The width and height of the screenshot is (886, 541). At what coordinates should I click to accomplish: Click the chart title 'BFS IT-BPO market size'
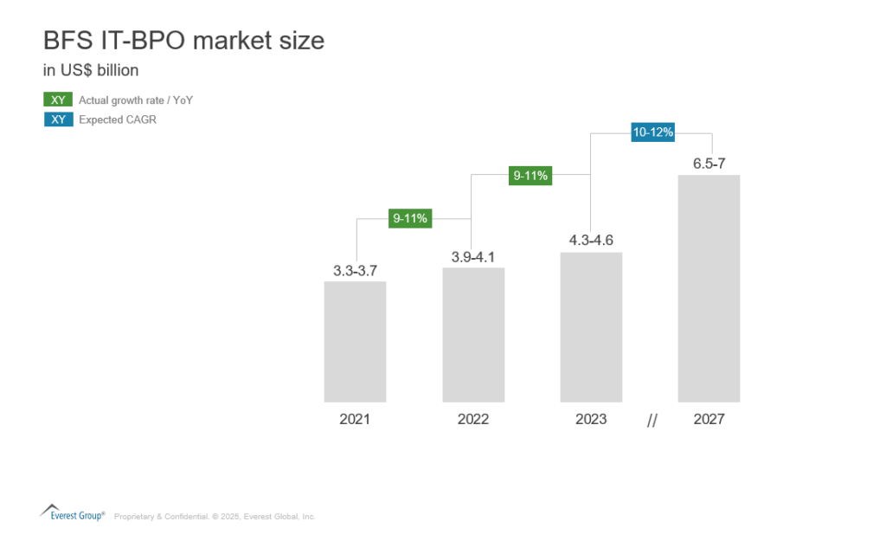click(183, 41)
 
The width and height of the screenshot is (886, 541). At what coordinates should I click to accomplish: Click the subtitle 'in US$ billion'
click(91, 70)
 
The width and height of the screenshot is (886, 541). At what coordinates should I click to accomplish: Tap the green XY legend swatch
click(58, 100)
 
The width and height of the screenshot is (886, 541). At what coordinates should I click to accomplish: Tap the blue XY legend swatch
click(58, 119)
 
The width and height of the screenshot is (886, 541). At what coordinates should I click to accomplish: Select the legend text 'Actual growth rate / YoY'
click(136, 100)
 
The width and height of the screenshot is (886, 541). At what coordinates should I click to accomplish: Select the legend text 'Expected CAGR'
click(118, 120)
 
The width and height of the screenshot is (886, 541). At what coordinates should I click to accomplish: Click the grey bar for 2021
click(355, 341)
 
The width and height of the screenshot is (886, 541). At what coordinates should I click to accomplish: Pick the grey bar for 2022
click(473, 334)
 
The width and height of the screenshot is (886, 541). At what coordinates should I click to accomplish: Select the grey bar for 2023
click(591, 326)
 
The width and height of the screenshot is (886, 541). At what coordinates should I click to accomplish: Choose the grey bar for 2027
click(709, 288)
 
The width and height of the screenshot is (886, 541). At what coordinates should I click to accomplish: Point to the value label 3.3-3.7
click(355, 271)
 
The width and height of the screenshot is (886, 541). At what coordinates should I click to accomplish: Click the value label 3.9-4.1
click(473, 257)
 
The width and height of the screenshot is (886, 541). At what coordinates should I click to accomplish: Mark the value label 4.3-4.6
click(591, 241)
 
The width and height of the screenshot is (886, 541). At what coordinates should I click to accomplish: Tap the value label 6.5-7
click(709, 164)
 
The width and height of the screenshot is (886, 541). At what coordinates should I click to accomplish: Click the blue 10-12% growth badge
click(652, 132)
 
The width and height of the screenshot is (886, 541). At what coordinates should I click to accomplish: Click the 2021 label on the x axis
click(355, 419)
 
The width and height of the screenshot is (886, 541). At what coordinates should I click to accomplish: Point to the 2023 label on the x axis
click(591, 419)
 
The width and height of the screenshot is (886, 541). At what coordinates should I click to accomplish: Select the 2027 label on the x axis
click(709, 419)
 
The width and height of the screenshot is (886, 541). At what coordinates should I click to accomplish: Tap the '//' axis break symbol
click(652, 421)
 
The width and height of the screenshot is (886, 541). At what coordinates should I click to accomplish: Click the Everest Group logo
click(73, 512)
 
